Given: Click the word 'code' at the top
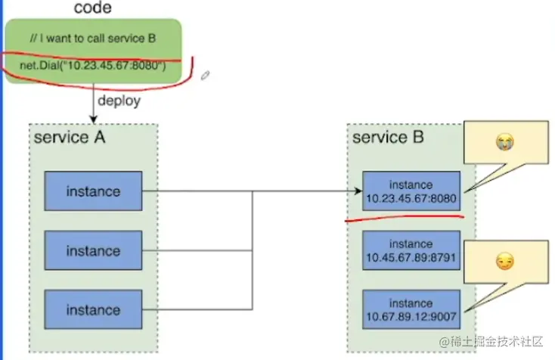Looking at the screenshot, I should tap(94, 8).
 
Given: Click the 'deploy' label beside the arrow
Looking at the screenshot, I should tap(119, 100).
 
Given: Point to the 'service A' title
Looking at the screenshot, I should tap(70, 138).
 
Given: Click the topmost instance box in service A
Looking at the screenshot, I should tap(93, 191).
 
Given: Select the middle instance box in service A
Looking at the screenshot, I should tap(93, 250).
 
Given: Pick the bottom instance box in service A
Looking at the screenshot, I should tap(93, 309).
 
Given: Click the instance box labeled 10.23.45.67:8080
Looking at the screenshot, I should tap(411, 191).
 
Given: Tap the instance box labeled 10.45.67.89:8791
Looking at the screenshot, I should tap(411, 251).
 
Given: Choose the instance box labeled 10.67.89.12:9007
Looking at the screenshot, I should tap(411, 309).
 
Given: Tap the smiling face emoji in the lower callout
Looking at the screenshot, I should tap(504, 262).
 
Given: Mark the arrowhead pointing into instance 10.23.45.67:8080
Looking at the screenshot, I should tap(358, 191).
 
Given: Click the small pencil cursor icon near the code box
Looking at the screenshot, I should tap(204, 75).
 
